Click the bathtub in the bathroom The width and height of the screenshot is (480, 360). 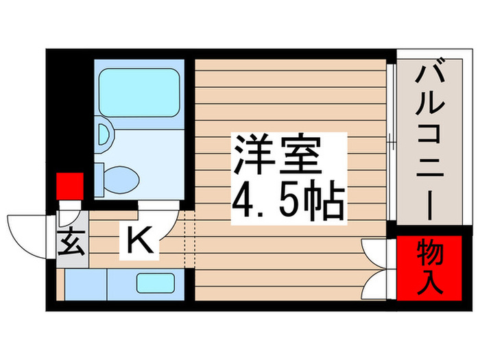point(138,90)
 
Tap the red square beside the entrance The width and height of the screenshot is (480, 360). point(69,186)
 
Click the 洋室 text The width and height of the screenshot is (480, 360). point(278,155)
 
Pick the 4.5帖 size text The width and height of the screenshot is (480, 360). point(287,198)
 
